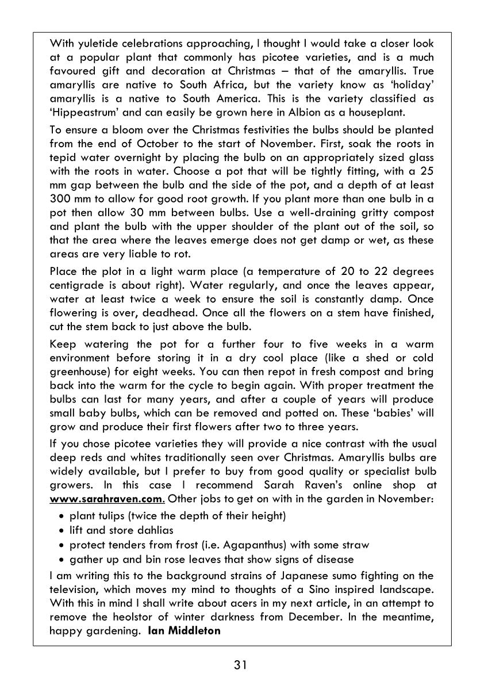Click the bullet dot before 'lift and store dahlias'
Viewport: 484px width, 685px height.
pyautogui.click(x=62, y=530)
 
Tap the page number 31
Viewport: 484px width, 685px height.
pyautogui.click(x=241, y=665)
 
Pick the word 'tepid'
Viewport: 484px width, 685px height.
pyautogui.click(x=63, y=158)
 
